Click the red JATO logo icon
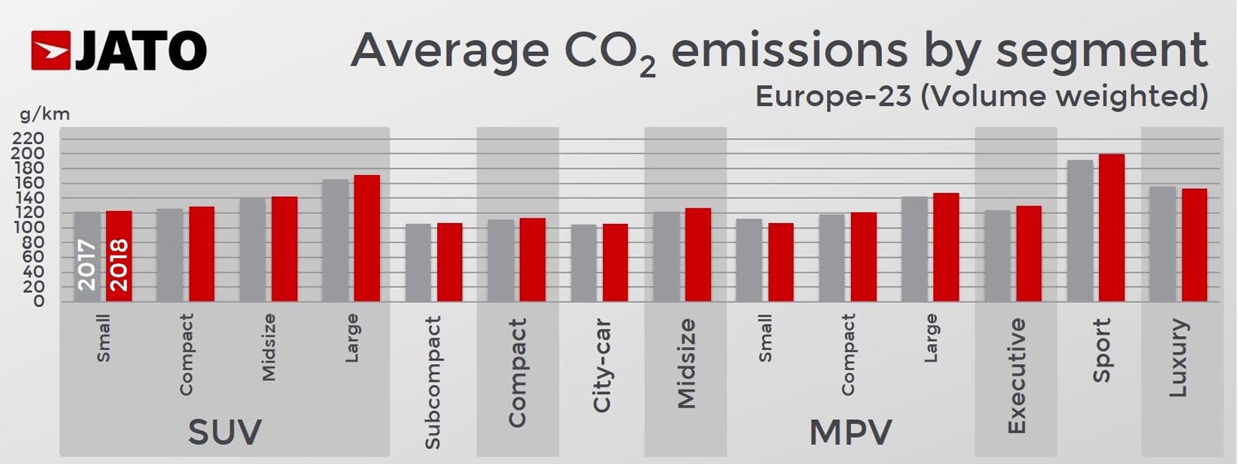(51, 51)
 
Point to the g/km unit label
(44, 115)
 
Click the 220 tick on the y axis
(28, 139)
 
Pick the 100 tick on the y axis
(28, 228)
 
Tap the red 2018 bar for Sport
(1111, 228)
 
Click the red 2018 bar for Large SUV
(367, 239)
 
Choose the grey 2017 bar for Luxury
(1162, 244)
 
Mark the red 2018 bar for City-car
(615, 263)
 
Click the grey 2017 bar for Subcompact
(418, 263)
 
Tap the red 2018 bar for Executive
(1028, 253)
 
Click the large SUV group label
(224, 432)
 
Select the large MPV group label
(850, 432)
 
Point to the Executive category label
(1016, 376)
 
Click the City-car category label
(601, 365)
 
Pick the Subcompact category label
(433, 382)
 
